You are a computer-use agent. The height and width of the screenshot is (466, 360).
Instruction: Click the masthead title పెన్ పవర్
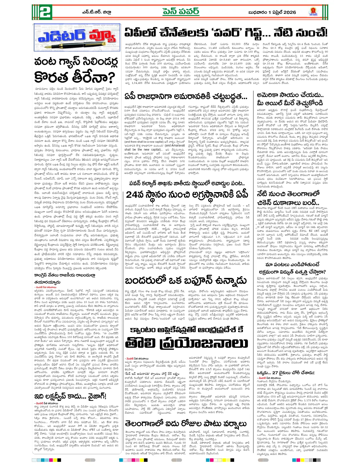coord(181,12)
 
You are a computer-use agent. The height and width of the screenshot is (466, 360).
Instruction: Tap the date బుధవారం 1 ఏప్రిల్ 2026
coord(272,12)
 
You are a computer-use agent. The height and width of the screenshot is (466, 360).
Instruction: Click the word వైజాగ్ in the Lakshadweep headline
coord(94,396)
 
